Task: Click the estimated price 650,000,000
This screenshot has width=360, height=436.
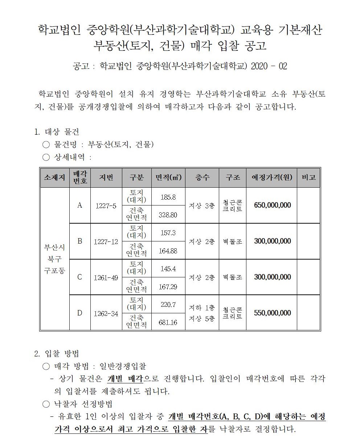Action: tap(272, 205)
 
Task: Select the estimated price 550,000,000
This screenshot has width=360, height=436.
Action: tap(272, 313)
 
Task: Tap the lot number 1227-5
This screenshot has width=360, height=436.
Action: tap(106, 206)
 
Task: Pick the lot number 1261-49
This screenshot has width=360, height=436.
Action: tap(106, 278)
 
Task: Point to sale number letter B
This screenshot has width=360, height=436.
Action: tap(80, 241)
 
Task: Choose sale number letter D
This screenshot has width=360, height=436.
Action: tap(80, 313)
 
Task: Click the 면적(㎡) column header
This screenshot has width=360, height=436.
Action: tap(168, 178)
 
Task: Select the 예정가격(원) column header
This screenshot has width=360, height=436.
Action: tap(271, 178)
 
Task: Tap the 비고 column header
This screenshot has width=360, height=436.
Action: tap(308, 178)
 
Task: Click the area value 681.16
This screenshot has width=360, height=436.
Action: tap(168, 322)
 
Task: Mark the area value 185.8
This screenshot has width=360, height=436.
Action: tap(168, 197)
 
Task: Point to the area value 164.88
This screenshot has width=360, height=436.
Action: tap(168, 251)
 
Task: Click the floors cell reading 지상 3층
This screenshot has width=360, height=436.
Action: tap(202, 206)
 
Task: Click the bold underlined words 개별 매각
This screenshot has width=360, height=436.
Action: tap(126, 378)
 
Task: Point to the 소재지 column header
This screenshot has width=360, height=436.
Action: tap(54, 178)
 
